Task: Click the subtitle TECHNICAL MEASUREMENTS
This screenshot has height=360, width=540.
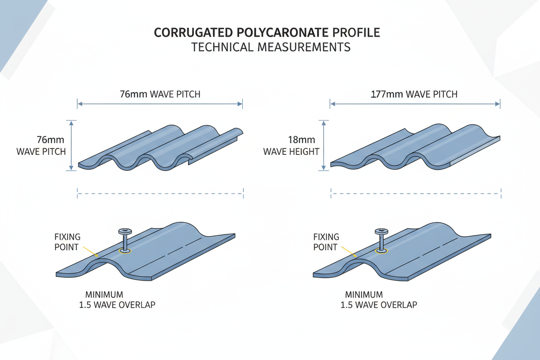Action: (x=270, y=47)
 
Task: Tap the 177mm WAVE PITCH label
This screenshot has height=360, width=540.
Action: (x=414, y=94)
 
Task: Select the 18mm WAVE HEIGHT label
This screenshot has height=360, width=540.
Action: (x=291, y=146)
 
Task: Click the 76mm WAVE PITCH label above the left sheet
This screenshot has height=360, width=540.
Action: (x=160, y=94)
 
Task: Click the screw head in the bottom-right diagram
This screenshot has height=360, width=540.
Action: (x=381, y=231)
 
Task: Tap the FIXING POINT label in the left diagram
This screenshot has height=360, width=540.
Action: (x=67, y=242)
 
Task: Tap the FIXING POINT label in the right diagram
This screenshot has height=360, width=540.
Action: (x=325, y=242)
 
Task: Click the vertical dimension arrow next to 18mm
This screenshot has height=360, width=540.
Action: (x=324, y=145)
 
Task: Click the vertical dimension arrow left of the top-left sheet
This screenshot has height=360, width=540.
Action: (x=71, y=145)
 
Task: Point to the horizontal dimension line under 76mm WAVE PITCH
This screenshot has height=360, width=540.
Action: (x=160, y=104)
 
